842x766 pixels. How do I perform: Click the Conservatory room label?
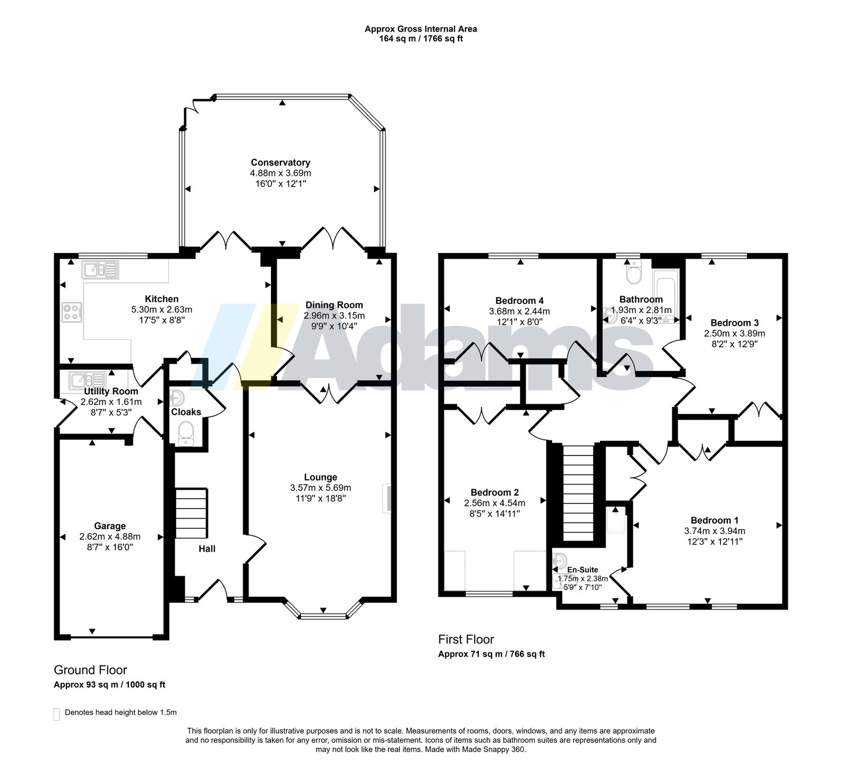pos(280,163)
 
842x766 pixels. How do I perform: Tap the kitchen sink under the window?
pos(100,269)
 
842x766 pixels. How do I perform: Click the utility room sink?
pos(87,379)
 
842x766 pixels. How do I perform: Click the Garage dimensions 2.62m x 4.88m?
pos(110,537)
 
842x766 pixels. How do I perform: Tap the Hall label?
pos(207,549)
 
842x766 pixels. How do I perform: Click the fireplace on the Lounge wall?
pos(387,498)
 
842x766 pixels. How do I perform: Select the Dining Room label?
pos(334,305)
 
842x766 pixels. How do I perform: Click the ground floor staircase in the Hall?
pos(191,512)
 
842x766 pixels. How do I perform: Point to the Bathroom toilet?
pos(633,271)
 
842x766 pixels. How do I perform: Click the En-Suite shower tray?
pos(616,519)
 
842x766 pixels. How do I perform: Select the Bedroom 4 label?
pos(519,301)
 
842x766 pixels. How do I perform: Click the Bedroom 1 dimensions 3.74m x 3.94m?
pos(715,531)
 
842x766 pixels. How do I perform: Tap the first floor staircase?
pos(578,493)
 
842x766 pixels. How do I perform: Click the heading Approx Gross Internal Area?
pos(421,29)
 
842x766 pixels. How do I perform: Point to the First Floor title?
pos(466,639)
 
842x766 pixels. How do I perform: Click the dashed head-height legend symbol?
pos(57,714)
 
